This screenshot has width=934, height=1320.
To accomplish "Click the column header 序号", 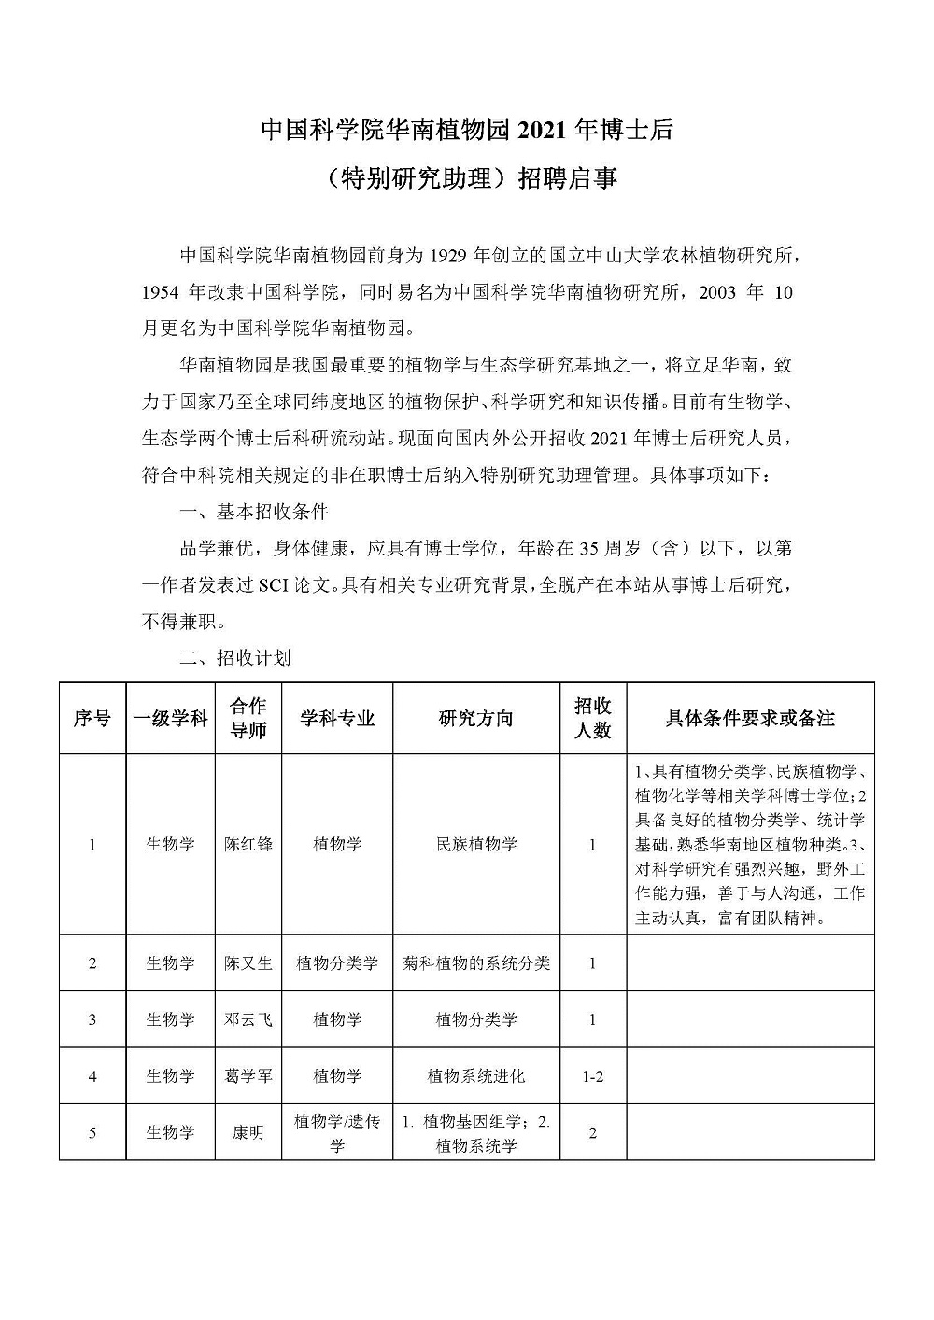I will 92,718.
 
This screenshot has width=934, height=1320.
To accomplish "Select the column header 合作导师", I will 248,718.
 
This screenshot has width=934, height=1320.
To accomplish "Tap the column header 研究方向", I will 476,718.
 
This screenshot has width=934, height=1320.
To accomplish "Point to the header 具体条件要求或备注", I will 750,718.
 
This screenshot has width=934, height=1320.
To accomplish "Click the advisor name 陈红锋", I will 248,844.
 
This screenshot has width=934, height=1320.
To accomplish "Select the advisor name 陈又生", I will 248,962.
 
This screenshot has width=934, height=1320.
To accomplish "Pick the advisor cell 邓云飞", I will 248,1019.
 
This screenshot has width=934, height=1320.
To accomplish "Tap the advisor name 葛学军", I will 248,1076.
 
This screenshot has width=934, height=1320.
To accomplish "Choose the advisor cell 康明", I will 248,1132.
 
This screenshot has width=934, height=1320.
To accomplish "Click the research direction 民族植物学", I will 476,844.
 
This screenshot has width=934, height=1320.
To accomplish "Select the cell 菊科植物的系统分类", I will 476,962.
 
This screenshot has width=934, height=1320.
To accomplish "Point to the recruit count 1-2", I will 592,1076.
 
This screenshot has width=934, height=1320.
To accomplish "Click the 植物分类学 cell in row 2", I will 337,962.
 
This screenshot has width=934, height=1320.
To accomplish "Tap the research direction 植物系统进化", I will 476,1076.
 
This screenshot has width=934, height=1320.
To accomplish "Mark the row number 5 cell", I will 92,1132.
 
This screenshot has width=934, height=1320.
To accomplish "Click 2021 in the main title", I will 539,131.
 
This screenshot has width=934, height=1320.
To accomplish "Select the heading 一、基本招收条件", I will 253,513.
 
